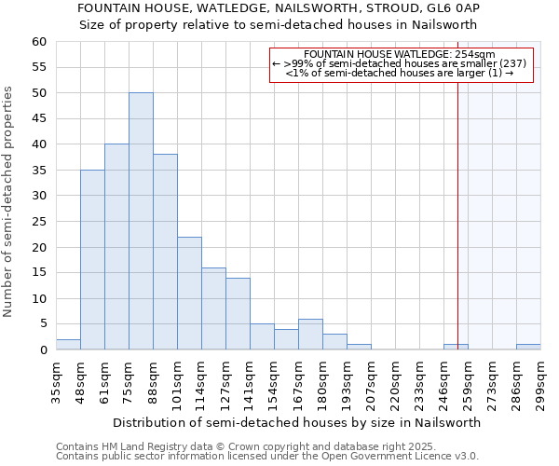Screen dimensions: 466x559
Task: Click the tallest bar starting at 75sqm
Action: (141, 222)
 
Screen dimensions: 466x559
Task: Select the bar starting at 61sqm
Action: (116, 247)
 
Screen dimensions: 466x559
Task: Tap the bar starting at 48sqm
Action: (92, 260)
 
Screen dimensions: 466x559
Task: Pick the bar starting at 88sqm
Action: (165, 253)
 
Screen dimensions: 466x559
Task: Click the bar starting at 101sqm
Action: (189, 294)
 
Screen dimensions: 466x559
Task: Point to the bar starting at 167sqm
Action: (310, 335)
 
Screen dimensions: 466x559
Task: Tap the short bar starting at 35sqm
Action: (68, 345)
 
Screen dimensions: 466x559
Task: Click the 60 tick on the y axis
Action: (38, 42)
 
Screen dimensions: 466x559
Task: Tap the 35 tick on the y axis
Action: (38, 171)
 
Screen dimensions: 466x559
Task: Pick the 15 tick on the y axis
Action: (38, 273)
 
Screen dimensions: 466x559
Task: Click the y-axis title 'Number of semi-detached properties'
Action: (9, 200)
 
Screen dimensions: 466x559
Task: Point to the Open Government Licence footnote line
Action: (267, 457)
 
